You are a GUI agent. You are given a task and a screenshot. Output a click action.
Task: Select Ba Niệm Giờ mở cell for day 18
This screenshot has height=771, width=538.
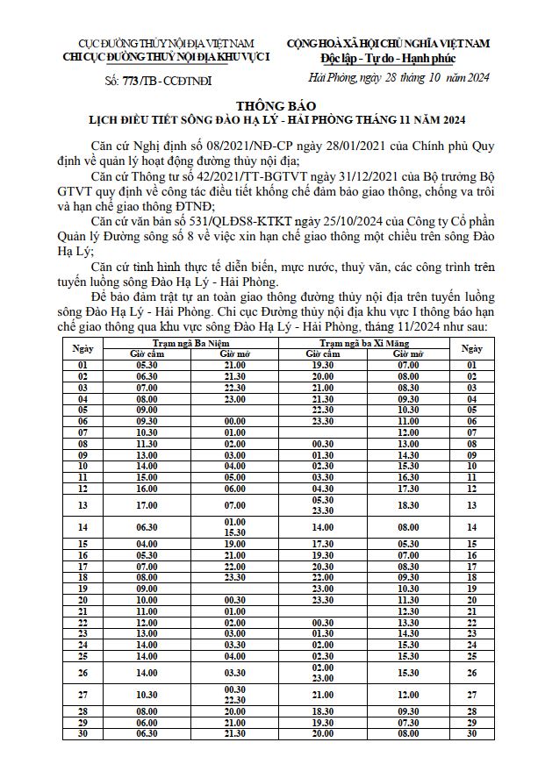tap(234, 578)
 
